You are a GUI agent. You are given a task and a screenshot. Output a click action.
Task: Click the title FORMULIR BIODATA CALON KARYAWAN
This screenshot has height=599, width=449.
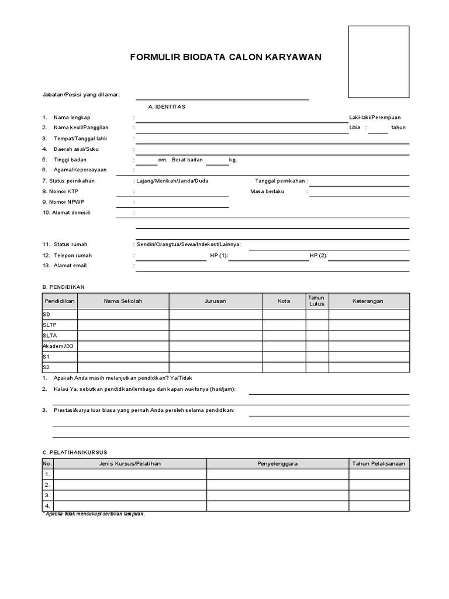(x=225, y=57)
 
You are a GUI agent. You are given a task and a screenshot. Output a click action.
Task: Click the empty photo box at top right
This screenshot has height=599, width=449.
(x=379, y=61)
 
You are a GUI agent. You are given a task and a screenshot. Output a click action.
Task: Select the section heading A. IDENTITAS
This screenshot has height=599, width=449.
(x=167, y=106)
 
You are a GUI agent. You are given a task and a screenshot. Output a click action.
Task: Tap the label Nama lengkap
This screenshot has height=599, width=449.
(x=72, y=118)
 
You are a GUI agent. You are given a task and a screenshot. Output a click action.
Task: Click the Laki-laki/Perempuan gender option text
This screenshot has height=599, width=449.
(x=375, y=118)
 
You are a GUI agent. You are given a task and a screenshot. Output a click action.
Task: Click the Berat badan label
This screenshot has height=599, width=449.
(x=187, y=160)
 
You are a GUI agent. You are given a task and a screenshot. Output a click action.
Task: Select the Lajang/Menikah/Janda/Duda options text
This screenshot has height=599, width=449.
(x=172, y=181)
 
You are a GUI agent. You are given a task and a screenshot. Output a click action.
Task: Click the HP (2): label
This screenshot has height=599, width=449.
(x=319, y=256)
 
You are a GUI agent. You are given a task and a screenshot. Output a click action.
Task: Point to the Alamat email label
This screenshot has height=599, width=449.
(x=70, y=266)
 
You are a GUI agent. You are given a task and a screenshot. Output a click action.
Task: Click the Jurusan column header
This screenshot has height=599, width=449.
(x=215, y=301)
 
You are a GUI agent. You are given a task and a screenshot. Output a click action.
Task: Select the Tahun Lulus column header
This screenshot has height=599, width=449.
(x=316, y=301)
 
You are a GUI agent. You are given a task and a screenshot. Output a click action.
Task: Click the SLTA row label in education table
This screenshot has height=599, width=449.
(x=50, y=336)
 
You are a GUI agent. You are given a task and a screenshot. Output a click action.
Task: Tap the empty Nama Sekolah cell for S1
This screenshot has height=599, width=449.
(x=123, y=357)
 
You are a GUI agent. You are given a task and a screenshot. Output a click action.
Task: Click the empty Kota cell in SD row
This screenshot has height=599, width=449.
(x=284, y=315)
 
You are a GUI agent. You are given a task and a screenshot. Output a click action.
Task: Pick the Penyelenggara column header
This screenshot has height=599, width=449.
(x=278, y=464)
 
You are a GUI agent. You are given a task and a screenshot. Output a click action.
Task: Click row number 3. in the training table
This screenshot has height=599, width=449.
(x=47, y=495)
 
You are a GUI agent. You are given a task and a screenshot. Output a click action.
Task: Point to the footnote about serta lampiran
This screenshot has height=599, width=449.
(x=94, y=514)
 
